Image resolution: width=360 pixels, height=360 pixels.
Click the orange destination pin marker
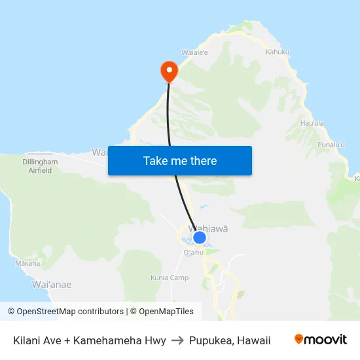[x=169, y=71]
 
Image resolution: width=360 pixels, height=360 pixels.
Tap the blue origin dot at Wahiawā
[x=200, y=238]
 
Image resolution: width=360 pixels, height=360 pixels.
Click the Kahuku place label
[x=278, y=52]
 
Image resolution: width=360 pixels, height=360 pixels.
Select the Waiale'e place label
[x=194, y=52]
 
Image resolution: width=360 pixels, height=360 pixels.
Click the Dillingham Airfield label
[x=41, y=166]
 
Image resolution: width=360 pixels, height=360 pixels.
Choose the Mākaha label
[x=27, y=264]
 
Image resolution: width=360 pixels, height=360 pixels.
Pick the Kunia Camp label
[x=170, y=278]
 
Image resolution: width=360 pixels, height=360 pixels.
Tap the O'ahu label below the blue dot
[x=194, y=252]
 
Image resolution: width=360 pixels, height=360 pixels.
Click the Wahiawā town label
[x=208, y=228]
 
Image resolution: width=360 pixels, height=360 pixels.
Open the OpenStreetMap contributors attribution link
[x=66, y=312]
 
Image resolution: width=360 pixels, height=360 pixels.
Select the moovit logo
[x=320, y=339]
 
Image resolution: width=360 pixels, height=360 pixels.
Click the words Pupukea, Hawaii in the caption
[x=230, y=340]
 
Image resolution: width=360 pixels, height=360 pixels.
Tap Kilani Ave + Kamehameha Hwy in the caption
[x=89, y=340]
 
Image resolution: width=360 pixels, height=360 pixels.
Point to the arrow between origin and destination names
[x=177, y=340]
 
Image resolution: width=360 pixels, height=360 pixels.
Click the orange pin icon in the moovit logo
[x=299, y=339]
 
